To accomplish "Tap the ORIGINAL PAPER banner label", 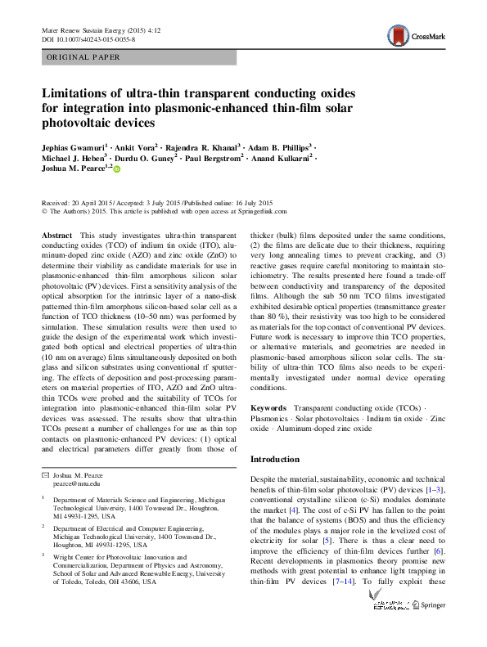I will pos(84,57).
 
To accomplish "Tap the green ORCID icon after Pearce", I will pos(116,170).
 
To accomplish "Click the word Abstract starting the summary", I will pos(56,235).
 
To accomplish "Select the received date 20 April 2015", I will pos(90,202).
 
